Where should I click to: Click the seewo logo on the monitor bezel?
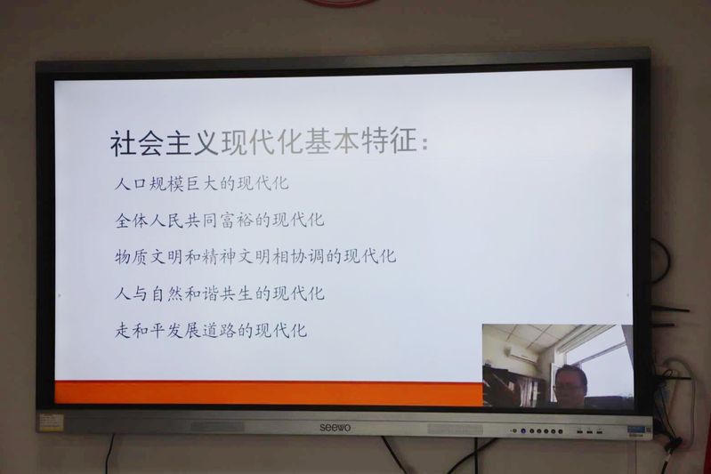tap(335, 428)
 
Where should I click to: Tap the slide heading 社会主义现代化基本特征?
tap(269, 142)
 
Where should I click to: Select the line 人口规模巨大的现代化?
tap(202, 183)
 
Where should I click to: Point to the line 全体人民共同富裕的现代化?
tap(220, 221)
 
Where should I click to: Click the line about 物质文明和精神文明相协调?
tap(255, 256)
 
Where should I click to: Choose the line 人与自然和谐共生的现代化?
tap(220, 293)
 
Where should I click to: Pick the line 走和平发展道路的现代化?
tap(211, 330)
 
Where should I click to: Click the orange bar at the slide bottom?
tap(269, 392)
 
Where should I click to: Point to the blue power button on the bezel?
tap(523, 431)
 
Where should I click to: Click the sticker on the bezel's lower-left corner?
tap(50, 422)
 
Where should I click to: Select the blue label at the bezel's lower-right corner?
tap(638, 430)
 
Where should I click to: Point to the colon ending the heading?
tap(424, 145)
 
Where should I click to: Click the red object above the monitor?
tap(342, 3)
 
